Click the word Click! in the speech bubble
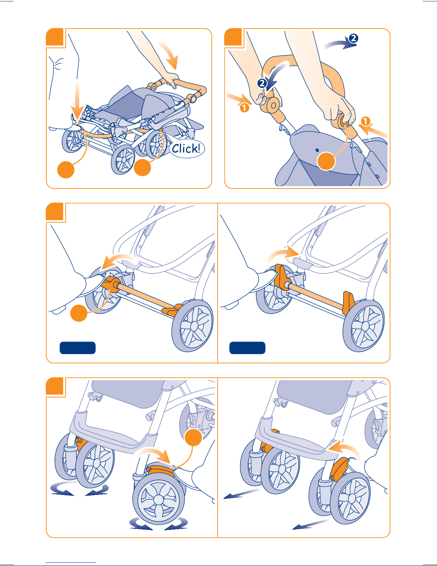186,149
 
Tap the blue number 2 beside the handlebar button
262,83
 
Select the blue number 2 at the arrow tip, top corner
353,38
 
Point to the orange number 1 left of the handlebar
244,107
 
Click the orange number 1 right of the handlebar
365,121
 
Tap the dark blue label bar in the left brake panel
77,348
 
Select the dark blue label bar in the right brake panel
247,348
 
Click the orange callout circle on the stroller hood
326,161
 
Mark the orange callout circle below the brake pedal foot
79,313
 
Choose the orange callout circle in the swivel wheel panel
193,437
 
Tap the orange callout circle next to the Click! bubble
142,167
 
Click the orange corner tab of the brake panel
55,211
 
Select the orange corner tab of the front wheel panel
55,386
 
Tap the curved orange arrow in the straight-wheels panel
346,450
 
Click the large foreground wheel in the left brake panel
193,326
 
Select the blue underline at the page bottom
71,563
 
